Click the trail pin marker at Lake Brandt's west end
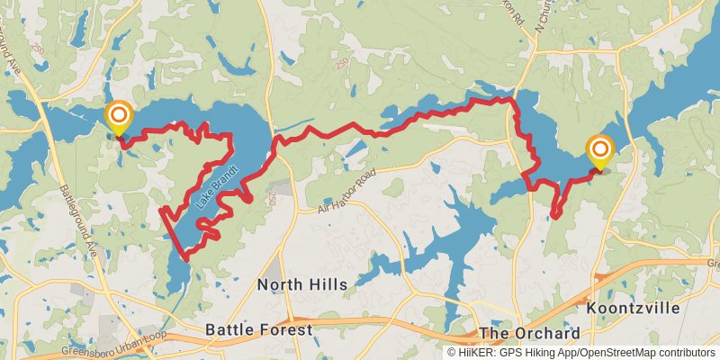point(118,117)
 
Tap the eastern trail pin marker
point(598,151)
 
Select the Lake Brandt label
point(217,187)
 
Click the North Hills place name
point(301,284)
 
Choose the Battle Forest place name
point(258,330)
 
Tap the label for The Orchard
point(529,333)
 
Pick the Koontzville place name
point(633,308)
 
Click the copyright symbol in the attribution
point(452,353)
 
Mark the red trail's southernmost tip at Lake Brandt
point(186,259)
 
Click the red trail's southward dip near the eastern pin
point(556,215)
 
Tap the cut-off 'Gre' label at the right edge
point(713,264)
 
